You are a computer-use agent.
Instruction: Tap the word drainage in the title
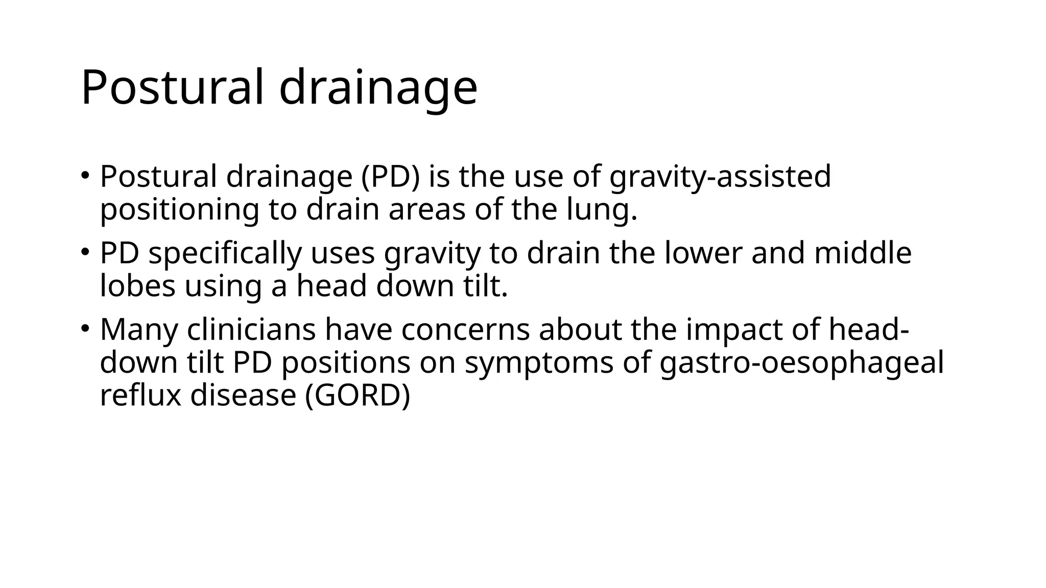[378, 88]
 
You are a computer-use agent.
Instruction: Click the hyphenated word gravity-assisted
[720, 178]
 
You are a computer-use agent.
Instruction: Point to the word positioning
[179, 210]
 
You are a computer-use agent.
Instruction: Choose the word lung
[602, 210]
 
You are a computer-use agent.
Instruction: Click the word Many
[138, 330]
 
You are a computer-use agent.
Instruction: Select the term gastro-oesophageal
[801, 363]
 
